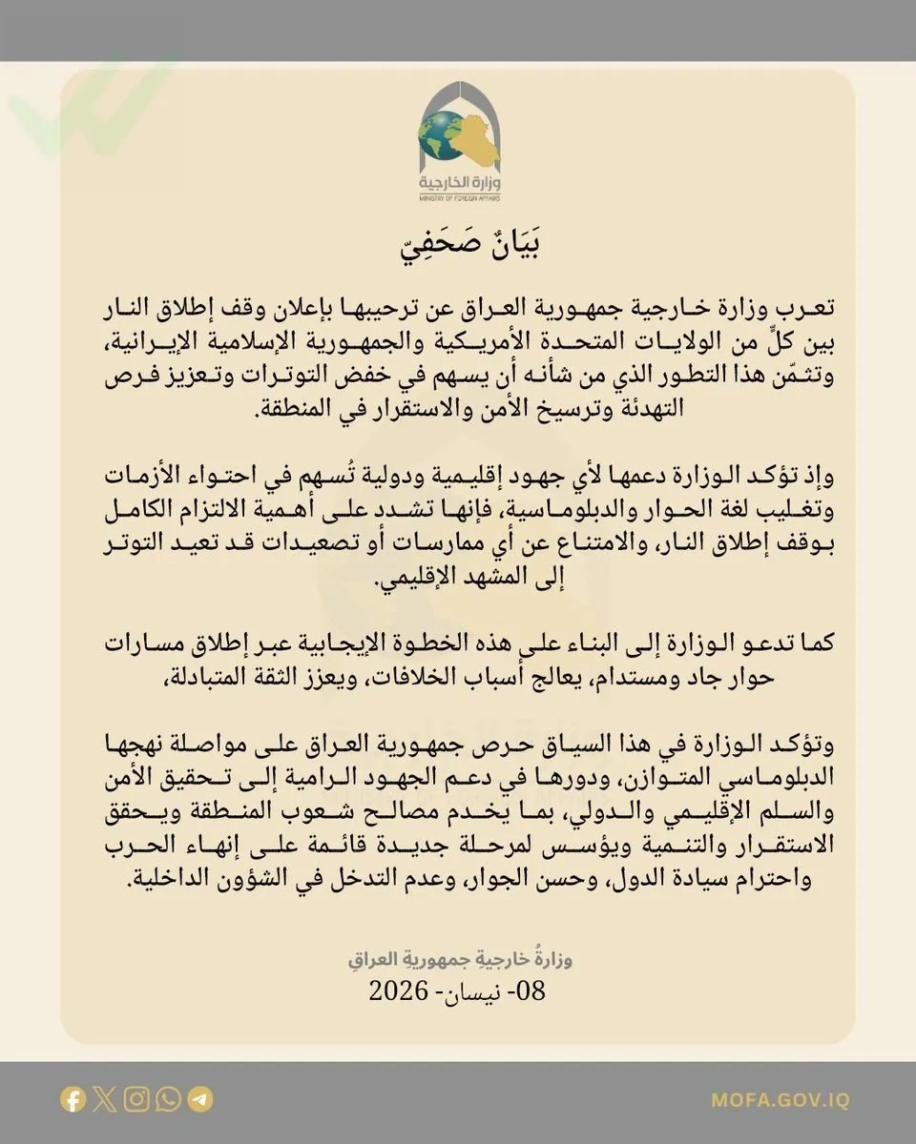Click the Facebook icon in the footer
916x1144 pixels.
pyautogui.click(x=73, y=1099)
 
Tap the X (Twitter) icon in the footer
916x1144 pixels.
pyautogui.click(x=106, y=1099)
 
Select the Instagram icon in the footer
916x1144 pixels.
pyautogui.click(x=137, y=1099)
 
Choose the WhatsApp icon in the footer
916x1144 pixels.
pyautogui.click(x=169, y=1099)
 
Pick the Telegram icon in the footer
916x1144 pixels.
pyautogui.click(x=200, y=1099)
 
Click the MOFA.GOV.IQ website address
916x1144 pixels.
pyautogui.click(x=780, y=1100)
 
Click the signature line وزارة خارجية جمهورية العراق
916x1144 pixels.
pyautogui.click(x=458, y=958)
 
